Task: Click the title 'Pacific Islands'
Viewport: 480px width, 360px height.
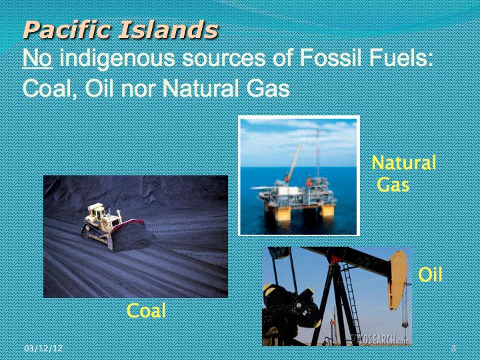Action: (120, 30)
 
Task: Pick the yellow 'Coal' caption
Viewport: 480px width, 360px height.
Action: (146, 311)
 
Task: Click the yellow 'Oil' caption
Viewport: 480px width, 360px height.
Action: (430, 275)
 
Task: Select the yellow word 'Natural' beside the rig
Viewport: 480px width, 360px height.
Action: (403, 163)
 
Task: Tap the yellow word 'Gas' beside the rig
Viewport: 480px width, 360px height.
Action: (393, 185)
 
